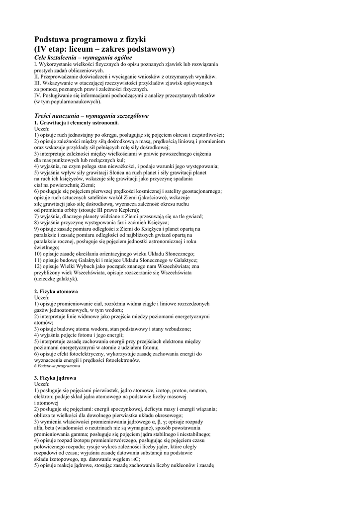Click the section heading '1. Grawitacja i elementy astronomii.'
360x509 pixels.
(x=76, y=122)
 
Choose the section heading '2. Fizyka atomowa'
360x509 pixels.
(x=56, y=291)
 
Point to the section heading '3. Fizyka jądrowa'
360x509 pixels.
(x=55, y=378)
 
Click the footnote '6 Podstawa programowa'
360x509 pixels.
(x=57, y=366)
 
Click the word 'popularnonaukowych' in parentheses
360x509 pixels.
(x=75, y=101)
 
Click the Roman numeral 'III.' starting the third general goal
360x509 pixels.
(x=38, y=83)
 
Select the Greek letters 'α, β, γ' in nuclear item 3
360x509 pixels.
(x=159, y=421)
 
